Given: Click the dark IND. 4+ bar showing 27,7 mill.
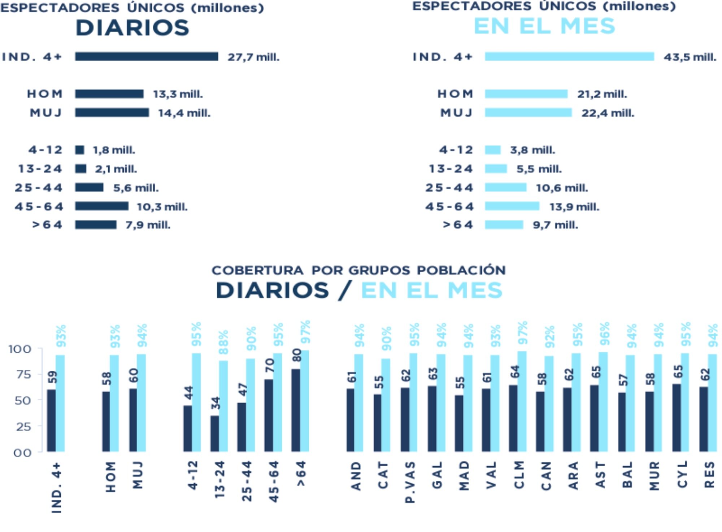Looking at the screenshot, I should pos(146,57).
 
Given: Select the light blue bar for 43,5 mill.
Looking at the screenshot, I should pos(569,57).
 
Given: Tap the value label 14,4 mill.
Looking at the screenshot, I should pos(184,113).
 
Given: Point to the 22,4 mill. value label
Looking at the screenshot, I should pos(608,113).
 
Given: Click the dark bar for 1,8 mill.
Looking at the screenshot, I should pos(80,150).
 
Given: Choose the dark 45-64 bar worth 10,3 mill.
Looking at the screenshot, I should pos(101,206).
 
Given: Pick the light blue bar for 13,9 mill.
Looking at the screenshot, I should pos(512,206).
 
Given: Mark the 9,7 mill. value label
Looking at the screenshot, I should pos(555,225).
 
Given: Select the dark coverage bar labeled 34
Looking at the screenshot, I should pos(214,433).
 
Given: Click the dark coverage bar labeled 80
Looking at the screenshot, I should pos(296,410).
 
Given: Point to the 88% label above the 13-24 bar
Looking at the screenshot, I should pos(224,342).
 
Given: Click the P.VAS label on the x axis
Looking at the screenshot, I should pos(410,482).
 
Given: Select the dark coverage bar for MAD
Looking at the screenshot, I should pos(459,423).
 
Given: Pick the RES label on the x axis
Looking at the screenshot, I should pos(709,475).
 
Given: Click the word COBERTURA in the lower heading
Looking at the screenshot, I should pos(257,270).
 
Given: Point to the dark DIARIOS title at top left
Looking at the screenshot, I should pos(132,28).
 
